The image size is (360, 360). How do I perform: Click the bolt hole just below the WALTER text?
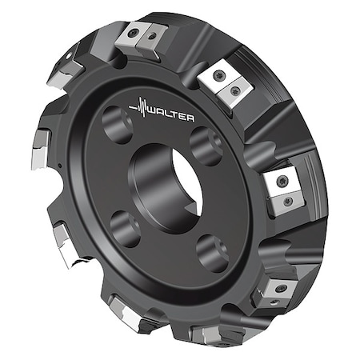tap(206, 146)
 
